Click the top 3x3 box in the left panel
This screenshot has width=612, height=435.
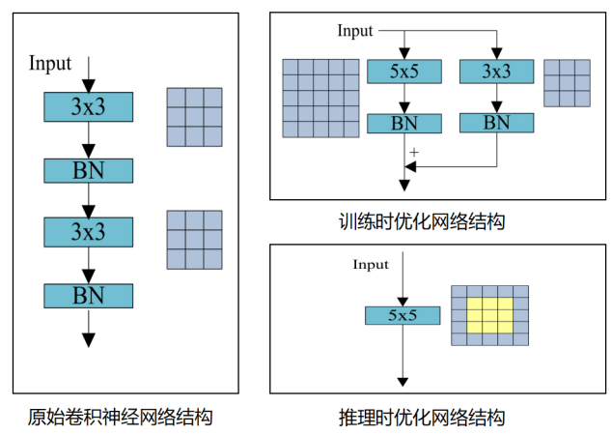tap(88, 107)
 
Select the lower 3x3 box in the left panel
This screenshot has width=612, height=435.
tap(88, 232)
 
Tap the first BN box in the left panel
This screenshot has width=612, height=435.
tap(88, 171)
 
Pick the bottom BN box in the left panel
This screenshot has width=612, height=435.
tap(88, 295)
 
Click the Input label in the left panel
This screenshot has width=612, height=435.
tap(50, 64)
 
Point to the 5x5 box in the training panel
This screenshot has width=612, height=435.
tap(404, 72)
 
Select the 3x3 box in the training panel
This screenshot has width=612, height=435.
tap(496, 72)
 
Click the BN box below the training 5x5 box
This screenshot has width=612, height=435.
tap(404, 124)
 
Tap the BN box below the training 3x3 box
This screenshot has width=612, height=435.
tap(496, 123)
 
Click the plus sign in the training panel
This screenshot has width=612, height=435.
tap(414, 153)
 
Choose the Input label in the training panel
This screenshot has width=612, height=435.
tap(354, 31)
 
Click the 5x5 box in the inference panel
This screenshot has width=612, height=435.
tap(403, 315)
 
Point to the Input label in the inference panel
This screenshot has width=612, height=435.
tap(371, 264)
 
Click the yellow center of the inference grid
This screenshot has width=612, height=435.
tap(489, 315)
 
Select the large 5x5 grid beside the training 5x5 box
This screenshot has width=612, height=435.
tap(320, 98)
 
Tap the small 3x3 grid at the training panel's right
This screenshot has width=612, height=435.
tap(567, 82)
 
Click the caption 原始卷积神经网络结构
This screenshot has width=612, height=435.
tap(120, 418)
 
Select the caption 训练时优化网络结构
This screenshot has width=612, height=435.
tap(422, 221)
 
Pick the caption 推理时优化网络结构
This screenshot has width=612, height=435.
tap(422, 418)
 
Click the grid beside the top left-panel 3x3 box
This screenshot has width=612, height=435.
tap(194, 116)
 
